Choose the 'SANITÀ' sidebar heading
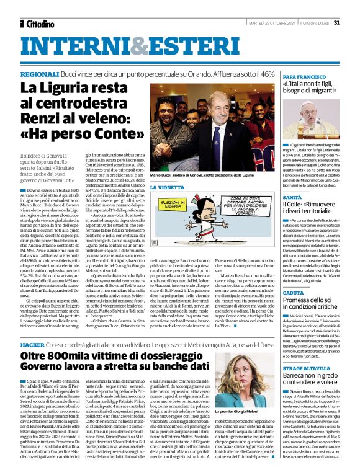[x=292, y=197]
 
